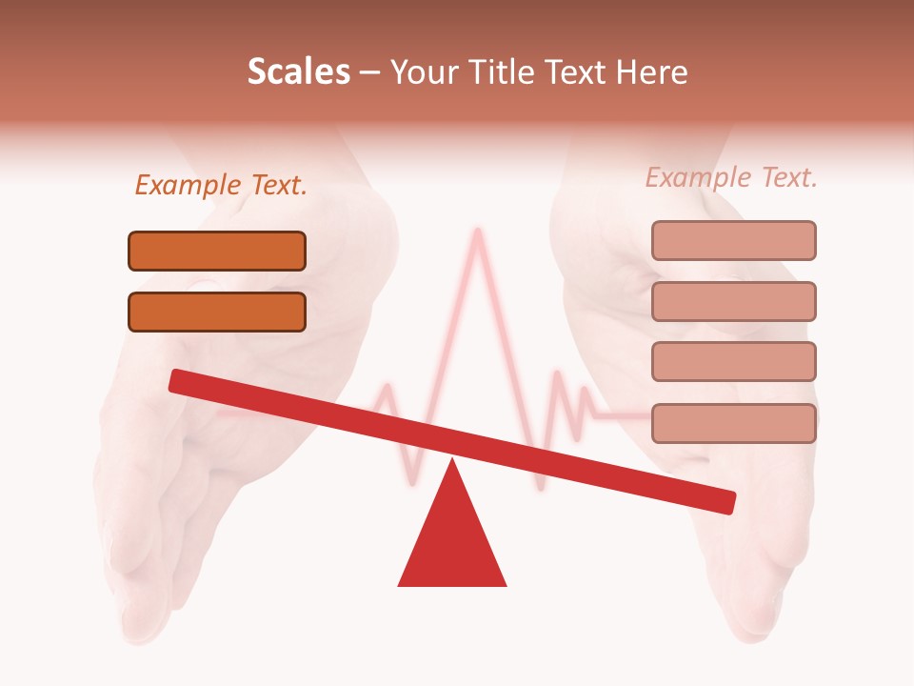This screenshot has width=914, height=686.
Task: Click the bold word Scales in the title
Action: tap(298, 71)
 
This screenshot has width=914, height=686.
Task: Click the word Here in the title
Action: tap(653, 71)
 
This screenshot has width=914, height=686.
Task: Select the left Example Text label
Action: tap(221, 186)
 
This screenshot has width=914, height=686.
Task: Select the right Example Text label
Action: tap(731, 177)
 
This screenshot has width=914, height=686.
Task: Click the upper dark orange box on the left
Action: tap(217, 251)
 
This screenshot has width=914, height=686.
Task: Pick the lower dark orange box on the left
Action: tap(217, 312)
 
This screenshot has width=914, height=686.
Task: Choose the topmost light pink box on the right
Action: tap(733, 240)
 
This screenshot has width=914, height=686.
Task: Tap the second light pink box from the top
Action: tap(733, 301)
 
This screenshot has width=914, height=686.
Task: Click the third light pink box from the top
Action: tap(733, 361)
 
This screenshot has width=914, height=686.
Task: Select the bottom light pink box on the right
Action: tap(733, 423)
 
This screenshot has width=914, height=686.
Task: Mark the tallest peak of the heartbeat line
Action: tap(477, 231)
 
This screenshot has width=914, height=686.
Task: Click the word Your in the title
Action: tap(422, 71)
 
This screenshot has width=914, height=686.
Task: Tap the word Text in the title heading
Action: tap(574, 71)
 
